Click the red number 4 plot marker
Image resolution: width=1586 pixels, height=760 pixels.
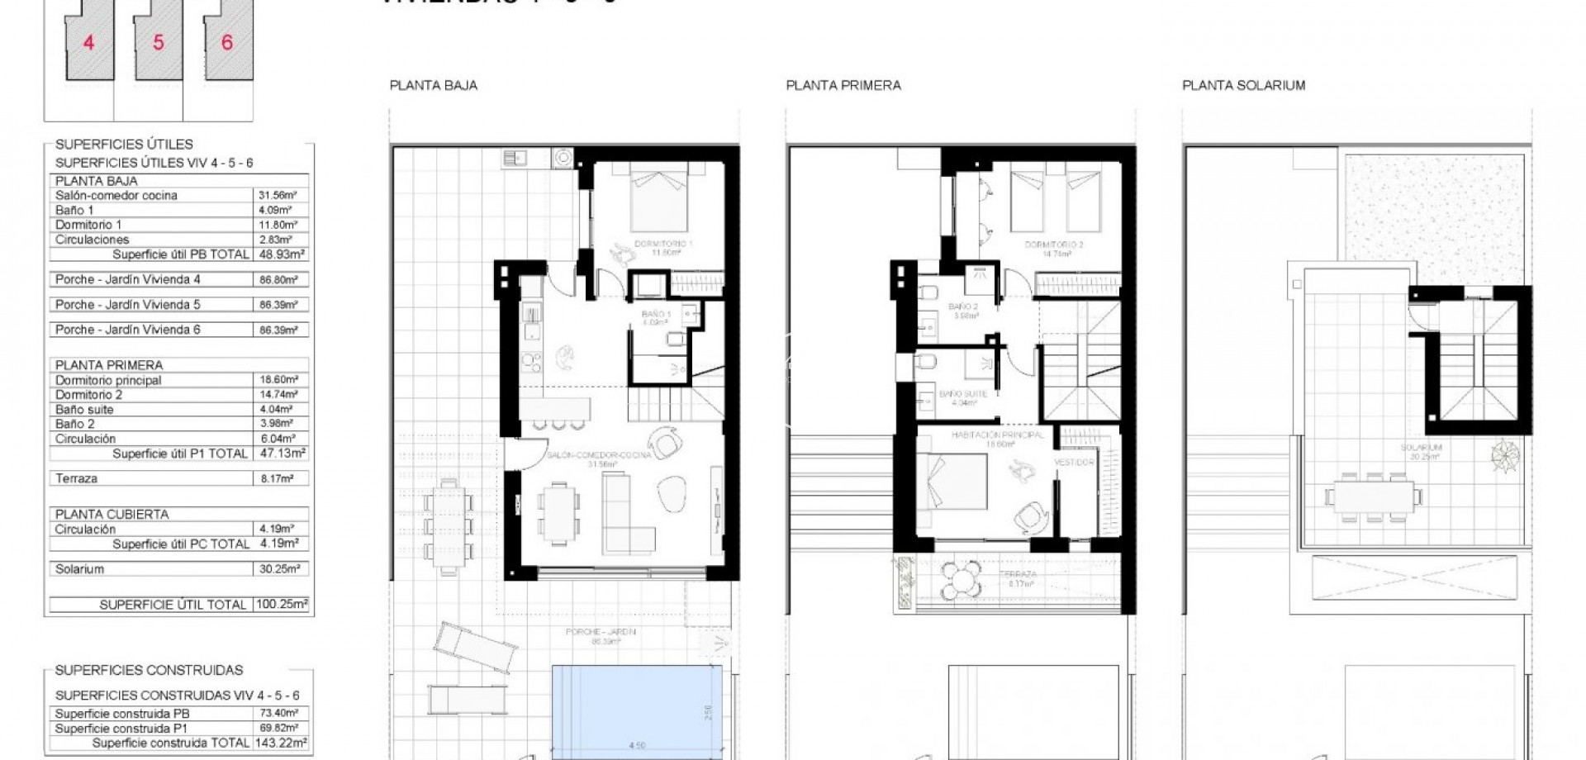coord(89,42)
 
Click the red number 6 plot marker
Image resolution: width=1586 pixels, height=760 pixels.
coord(227,42)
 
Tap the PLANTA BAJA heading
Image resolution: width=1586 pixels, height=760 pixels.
coord(433,85)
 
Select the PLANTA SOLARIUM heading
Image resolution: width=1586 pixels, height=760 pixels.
coord(1243,85)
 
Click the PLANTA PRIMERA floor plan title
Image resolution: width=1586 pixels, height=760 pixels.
coord(843,85)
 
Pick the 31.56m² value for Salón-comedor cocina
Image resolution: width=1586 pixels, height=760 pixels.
coord(278,196)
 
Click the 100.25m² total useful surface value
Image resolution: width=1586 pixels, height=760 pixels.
coord(282,605)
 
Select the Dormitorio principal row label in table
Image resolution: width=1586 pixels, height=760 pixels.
coord(108,380)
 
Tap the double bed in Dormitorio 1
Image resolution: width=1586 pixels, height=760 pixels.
coord(658,198)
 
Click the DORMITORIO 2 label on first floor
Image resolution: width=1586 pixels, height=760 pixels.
coord(1053,245)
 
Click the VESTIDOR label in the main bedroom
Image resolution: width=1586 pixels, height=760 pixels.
coord(1074,463)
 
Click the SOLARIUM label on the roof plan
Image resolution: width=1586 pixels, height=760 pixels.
coord(1421,448)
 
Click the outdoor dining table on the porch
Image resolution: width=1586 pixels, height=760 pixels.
coord(449,526)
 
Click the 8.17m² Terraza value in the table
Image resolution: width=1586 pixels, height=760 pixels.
coord(278,478)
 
